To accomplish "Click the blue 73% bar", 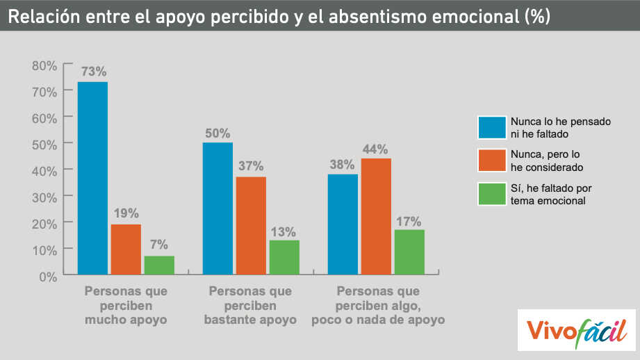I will [92, 179].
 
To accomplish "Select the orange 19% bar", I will [126, 249].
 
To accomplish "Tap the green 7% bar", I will [159, 265].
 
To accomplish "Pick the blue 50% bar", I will [218, 208].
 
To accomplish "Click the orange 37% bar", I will [251, 226].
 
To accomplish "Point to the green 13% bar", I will [284, 257].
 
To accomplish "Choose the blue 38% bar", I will [343, 224].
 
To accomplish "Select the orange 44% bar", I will [376, 217].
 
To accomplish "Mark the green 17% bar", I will [409, 252].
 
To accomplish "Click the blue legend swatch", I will [491, 128].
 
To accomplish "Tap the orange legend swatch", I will [491, 161].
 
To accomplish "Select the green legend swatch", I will [491, 195].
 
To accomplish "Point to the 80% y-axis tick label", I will [44, 65].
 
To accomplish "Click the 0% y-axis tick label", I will [48, 276].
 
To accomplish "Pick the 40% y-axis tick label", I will [44, 170].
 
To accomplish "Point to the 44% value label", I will [376, 149].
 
